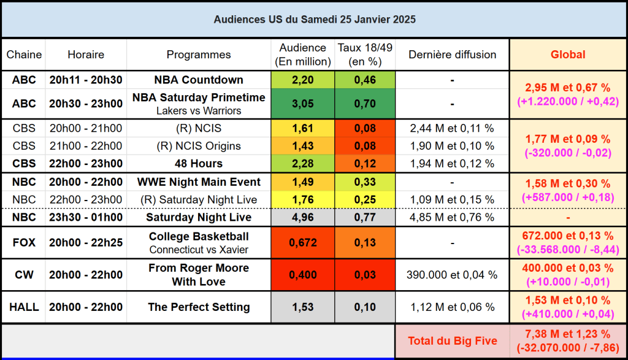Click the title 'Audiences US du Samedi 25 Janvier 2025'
pos(314,20)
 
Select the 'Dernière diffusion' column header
pos(452,55)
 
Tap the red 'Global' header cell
pos(567,55)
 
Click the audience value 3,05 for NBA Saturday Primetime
pos(302,104)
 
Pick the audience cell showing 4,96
pos(302,217)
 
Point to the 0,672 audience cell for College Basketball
pos(302,243)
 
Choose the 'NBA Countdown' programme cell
pos(199,80)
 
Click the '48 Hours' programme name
pos(199,164)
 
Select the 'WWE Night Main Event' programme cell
pos(199,182)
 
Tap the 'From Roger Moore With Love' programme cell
pos(199,275)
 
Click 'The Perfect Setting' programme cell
pos(199,307)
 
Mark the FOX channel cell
pos(24,243)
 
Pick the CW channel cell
pos(24,275)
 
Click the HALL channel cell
pos(24,307)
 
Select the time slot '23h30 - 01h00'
pos(86,217)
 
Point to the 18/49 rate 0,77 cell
pos(364,217)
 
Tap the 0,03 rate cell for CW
pos(364,275)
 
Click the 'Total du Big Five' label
pos(452,340)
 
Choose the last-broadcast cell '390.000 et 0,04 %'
pos(452,275)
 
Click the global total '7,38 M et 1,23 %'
pos(567,334)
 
